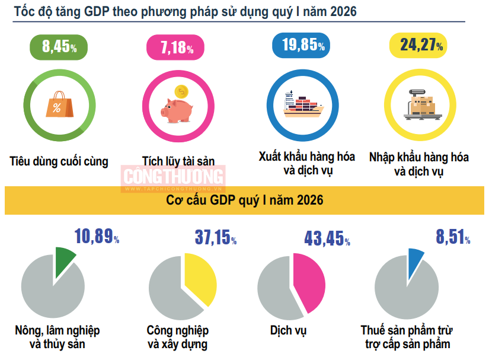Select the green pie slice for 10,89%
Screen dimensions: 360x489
tap(65, 260)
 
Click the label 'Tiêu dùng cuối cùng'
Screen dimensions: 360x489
tap(59, 161)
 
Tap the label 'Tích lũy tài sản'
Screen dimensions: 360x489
tap(178, 160)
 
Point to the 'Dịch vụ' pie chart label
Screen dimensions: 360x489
tap(288, 330)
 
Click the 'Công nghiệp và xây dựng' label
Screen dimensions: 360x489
tap(178, 337)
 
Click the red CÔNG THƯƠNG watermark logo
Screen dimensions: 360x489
tap(174, 176)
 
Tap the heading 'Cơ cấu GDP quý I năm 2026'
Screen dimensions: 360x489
tap(244, 200)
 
